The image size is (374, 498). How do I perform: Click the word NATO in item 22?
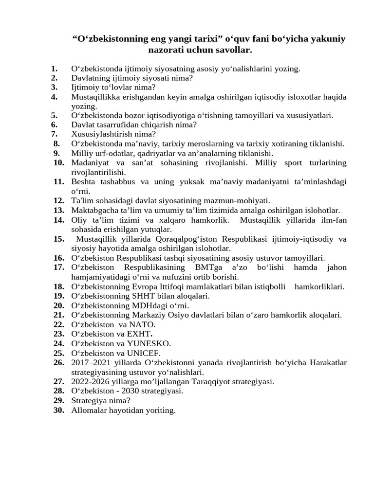tap(143, 324)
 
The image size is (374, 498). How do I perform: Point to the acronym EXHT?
tap(140, 334)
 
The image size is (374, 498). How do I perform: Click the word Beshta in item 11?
tap(83, 182)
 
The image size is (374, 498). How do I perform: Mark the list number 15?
tap(59, 239)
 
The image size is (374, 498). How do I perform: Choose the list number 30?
tap(59, 410)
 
